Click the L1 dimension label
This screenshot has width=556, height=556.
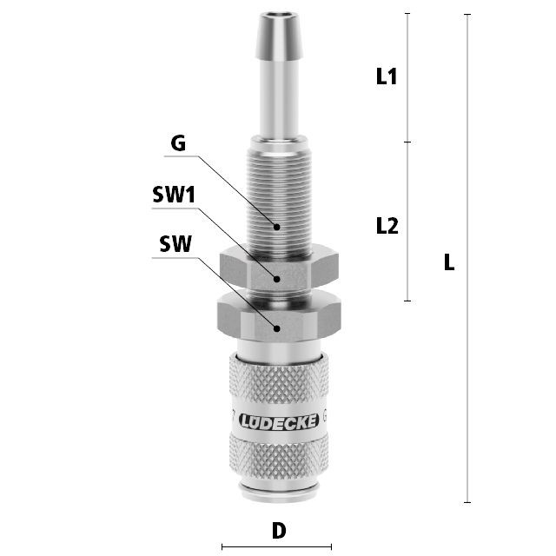coord(386,76)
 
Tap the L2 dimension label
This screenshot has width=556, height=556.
coord(387,226)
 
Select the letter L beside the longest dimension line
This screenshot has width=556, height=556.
coord(449,262)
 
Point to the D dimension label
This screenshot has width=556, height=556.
coord(279,531)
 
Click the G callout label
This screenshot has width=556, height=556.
coord(178,143)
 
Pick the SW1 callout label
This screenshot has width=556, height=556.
coord(174,195)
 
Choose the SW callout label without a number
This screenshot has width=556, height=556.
coord(175,244)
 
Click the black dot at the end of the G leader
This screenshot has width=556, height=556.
coord(277,227)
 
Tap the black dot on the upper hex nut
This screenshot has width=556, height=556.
coord(277,279)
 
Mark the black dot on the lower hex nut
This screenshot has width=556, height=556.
coord(277,328)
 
